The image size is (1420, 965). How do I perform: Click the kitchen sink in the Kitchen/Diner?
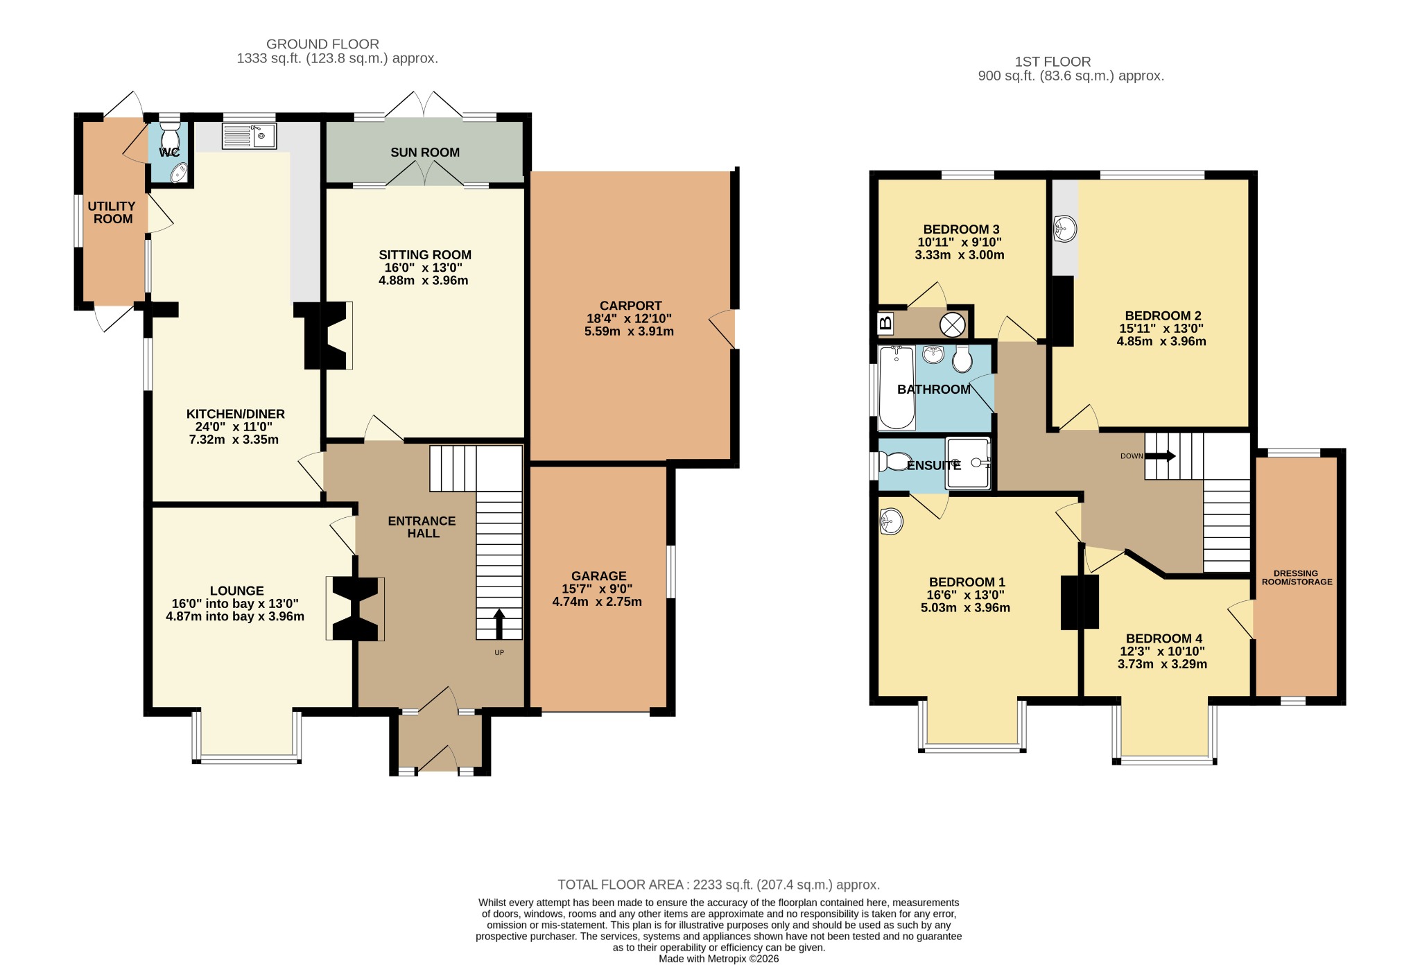click(x=249, y=136)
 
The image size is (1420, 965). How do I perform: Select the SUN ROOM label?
click(x=425, y=153)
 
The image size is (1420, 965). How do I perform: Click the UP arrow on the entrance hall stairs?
click(x=499, y=624)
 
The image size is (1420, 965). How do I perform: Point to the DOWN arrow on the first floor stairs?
click(x=1160, y=455)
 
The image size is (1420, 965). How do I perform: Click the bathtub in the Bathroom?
click(x=897, y=388)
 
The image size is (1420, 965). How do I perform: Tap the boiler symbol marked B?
click(x=885, y=323)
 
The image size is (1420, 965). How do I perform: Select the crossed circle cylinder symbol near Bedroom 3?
click(x=952, y=324)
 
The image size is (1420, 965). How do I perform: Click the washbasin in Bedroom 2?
click(x=1065, y=228)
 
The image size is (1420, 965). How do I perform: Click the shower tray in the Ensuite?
click(x=968, y=463)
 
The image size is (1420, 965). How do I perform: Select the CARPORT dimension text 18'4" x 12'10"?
click(x=629, y=319)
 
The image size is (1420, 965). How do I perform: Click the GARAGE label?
click(x=599, y=576)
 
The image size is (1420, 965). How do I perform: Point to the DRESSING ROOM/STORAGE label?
click(x=1297, y=577)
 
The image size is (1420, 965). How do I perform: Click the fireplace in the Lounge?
click(x=356, y=609)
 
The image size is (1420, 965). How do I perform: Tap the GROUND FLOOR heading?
click(x=322, y=44)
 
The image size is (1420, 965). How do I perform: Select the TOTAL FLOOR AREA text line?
click(x=719, y=885)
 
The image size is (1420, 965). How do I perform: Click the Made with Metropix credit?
click(x=719, y=959)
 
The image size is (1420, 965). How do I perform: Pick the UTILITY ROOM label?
click(x=112, y=213)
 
